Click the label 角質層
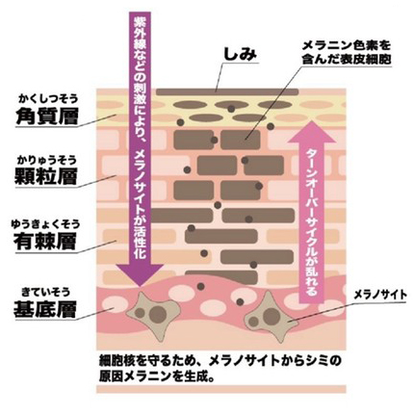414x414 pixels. click(47, 116)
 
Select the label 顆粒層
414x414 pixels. click(46, 176)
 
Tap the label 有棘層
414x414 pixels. click(45, 241)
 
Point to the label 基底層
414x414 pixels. click(45, 308)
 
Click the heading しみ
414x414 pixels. click(240, 54)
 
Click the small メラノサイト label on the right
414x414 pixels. click(380, 295)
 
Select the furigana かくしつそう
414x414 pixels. click(48, 98)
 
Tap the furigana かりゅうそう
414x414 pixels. click(47, 159)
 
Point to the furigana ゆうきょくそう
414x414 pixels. click(45, 223)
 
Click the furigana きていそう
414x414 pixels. click(46, 292)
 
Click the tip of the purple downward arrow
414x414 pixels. click(140, 287)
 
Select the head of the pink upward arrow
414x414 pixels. click(312, 135)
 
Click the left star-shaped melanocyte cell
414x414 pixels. click(153, 314)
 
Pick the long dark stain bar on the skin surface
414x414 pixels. click(227, 92)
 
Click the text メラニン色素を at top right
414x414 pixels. click(347, 45)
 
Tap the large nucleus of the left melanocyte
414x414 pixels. click(158, 314)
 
